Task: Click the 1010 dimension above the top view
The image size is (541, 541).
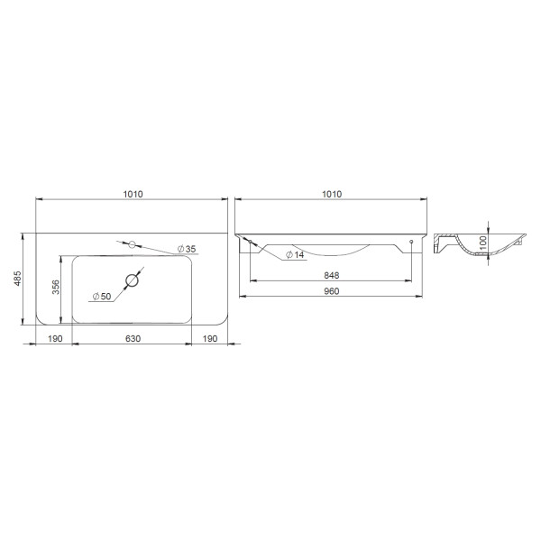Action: tap(133, 194)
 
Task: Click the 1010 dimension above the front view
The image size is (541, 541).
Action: tap(332, 194)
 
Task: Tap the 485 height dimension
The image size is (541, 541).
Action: tap(17, 279)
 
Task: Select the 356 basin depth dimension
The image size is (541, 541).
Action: tap(56, 287)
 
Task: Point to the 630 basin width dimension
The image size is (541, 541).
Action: tap(133, 339)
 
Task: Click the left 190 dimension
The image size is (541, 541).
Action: tap(55, 339)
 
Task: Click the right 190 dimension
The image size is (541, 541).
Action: tap(210, 339)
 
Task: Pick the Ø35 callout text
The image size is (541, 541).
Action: tap(187, 249)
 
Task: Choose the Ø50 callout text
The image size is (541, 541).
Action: tap(102, 297)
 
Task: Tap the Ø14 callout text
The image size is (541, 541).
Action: tap(295, 255)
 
